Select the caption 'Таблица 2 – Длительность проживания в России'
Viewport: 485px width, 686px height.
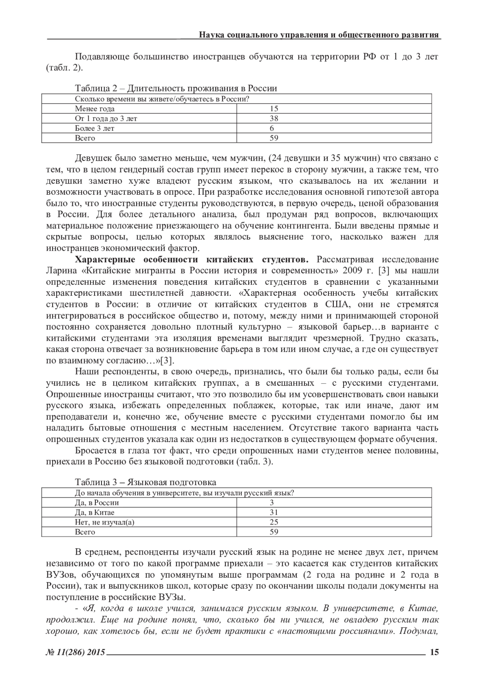point(176,88)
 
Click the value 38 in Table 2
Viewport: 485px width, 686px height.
point(274,118)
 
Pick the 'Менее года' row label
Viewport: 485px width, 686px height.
point(95,109)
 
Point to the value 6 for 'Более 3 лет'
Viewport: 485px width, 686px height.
point(272,128)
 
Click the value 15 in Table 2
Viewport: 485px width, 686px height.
point(274,109)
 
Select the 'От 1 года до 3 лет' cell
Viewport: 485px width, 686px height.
point(109,118)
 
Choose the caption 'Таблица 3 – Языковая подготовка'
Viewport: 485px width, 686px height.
point(145,482)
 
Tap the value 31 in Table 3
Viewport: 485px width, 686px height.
point(274,512)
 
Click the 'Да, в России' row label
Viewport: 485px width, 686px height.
point(97,503)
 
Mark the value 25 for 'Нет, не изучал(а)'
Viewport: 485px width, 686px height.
point(274,522)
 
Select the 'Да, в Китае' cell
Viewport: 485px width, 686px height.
point(95,512)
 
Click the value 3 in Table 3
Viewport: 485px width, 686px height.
point(272,503)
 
